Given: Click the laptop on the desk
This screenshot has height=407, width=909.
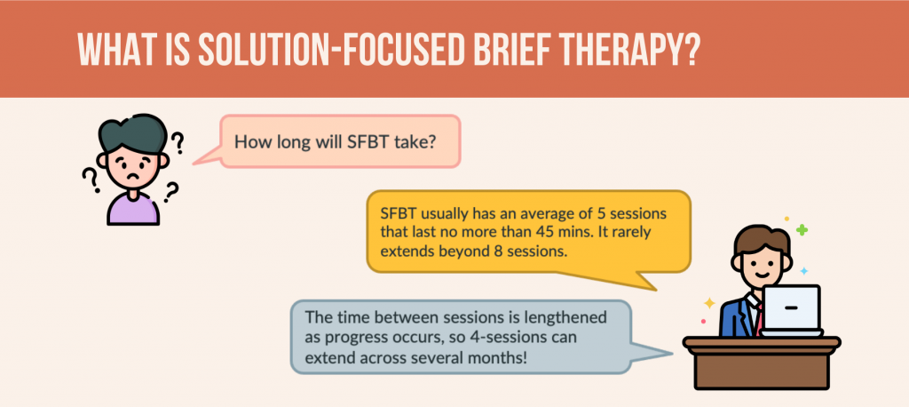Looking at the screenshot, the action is pyautogui.click(x=792, y=311).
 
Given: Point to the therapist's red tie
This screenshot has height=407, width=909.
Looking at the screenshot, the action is pyautogui.click(x=756, y=317).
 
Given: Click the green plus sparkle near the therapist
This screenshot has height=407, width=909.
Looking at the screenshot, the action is pyautogui.click(x=802, y=230).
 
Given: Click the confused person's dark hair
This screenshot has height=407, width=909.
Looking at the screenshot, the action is pyautogui.click(x=132, y=134).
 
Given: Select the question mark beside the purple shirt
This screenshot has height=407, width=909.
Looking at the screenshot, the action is pyautogui.click(x=170, y=192).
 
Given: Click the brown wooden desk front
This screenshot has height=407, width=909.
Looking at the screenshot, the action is pyautogui.click(x=761, y=368).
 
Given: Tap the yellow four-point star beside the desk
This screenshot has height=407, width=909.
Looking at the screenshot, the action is pyautogui.click(x=708, y=302).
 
